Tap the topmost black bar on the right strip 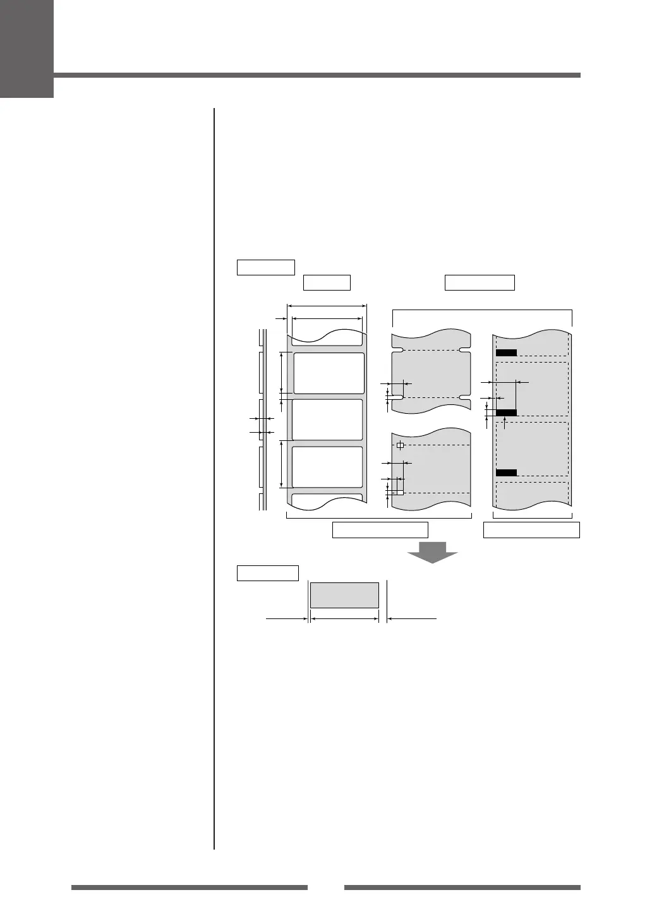(506, 353)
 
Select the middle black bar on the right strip (506, 412)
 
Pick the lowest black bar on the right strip (506, 473)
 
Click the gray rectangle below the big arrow (344, 595)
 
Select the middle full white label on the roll (328, 419)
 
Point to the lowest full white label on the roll (328, 467)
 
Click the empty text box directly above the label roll (327, 282)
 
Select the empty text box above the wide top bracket (480, 282)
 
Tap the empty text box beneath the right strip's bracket (531, 530)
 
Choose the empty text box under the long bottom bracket (380, 530)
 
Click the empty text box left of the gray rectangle (267, 573)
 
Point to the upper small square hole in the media (399, 445)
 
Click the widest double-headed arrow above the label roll (327, 306)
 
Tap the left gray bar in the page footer (189, 888)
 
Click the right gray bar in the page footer (462, 888)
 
